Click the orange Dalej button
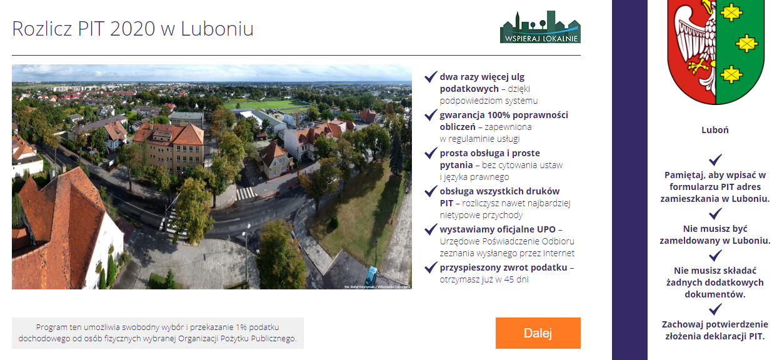(538, 333)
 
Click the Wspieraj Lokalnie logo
(540, 27)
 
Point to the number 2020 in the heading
(133, 29)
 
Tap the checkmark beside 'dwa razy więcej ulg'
(431, 77)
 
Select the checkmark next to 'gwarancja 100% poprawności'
(431, 115)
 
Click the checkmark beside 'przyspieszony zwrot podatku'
(431, 267)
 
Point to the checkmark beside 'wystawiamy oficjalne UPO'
(431, 229)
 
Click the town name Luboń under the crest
(715, 130)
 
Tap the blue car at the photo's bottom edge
(371, 276)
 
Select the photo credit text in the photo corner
(377, 287)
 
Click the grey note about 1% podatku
(158, 333)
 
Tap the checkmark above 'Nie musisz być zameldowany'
(715, 214)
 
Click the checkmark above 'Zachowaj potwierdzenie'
(715, 309)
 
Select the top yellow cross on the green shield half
(731, 13)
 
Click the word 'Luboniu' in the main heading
(217, 29)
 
